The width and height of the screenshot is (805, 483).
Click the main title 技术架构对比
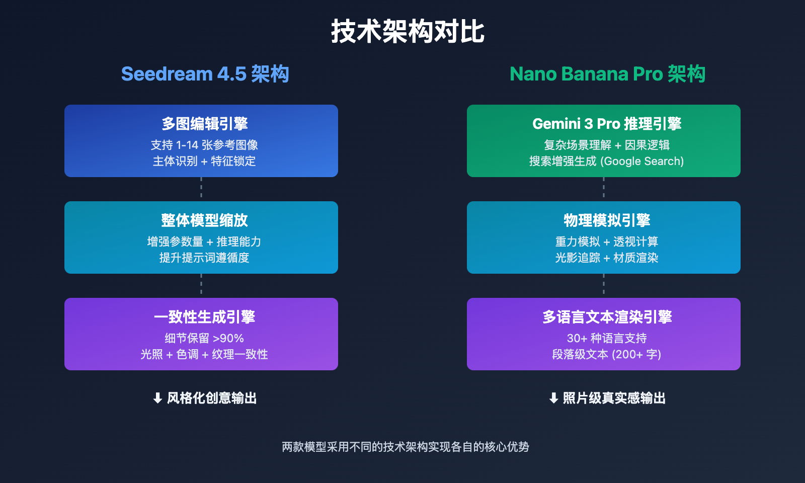pos(408,32)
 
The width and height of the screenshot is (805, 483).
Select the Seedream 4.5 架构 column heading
pos(205,74)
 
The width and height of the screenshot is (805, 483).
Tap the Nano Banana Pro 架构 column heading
pos(607,74)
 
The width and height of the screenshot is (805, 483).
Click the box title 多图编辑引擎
pos(204,124)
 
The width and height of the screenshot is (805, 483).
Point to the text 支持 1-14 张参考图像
pos(204,145)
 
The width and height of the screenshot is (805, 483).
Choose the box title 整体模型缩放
pos(204,220)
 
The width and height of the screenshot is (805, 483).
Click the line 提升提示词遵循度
pos(204,258)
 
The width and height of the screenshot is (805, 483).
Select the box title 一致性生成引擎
pos(204,317)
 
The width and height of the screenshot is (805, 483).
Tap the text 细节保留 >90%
pos(204,338)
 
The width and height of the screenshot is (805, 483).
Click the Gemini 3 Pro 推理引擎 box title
pos(607,124)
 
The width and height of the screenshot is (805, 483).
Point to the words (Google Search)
pos(642,161)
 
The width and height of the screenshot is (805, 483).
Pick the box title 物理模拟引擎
pos(607,220)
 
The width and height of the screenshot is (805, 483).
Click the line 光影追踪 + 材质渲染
pos(607,258)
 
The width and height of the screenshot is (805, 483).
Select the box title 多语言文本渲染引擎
pos(607,317)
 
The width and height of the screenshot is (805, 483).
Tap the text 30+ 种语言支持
pos(607,338)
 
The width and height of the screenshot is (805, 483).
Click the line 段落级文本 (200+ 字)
pos(607,354)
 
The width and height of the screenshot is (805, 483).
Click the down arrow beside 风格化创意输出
pos(157,398)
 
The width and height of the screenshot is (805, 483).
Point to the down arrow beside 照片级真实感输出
pos(553,398)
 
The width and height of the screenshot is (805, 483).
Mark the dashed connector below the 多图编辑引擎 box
pos(201,189)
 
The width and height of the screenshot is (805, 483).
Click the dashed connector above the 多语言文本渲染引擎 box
pos(604,286)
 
